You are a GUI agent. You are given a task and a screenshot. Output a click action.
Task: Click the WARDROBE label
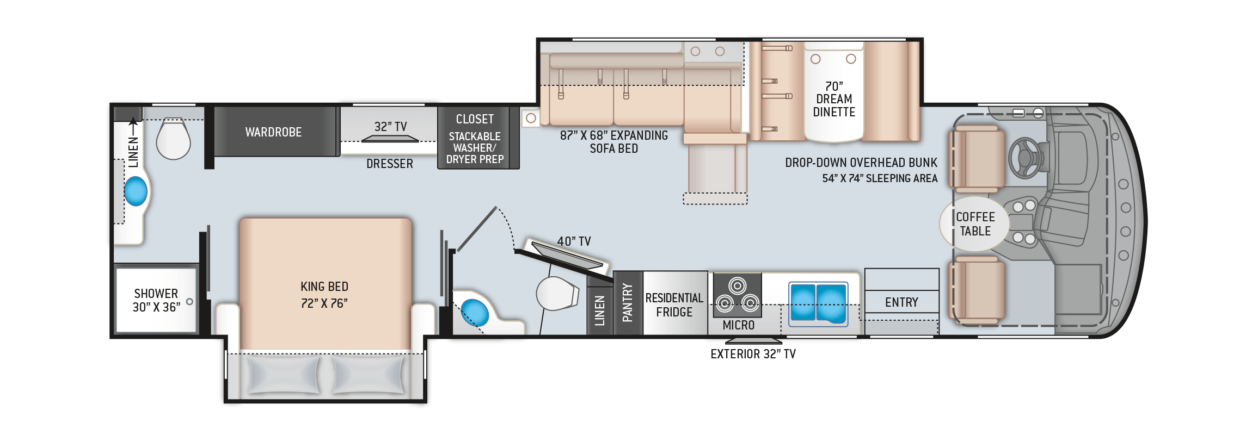pos(273,132)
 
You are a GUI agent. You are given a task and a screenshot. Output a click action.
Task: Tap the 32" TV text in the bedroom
pos(390,127)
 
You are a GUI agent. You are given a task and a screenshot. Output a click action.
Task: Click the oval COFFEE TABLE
pos(974,223)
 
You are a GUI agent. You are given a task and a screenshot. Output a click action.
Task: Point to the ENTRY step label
pos(901,302)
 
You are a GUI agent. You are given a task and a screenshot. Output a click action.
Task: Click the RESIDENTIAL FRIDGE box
pos(674,304)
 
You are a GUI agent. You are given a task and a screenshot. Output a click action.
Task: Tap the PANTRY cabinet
pos(628,302)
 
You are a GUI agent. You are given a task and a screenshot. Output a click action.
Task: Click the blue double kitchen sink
pos(818,302)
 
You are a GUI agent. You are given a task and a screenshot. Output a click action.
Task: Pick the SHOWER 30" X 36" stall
pos(156,300)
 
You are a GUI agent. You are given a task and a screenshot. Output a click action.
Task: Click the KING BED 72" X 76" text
pos(324,295)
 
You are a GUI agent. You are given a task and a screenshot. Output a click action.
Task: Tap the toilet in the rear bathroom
pos(173,139)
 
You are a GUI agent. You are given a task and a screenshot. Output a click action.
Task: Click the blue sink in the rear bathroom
pos(136,192)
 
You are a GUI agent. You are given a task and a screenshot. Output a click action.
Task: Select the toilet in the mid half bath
pos(556,294)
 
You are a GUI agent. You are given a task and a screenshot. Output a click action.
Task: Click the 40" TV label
pos(574,241)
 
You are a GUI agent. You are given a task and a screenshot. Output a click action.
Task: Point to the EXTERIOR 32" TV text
pos(753,354)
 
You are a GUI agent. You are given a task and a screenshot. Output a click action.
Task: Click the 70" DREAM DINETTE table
pos(833,99)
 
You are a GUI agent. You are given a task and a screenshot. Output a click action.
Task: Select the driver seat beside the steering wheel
pos(977,159)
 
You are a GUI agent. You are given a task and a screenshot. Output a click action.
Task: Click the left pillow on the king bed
pos(283,375)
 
